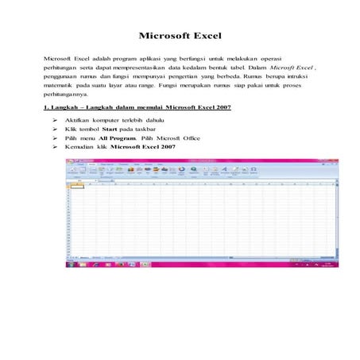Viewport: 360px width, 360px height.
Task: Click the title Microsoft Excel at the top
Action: click(x=180, y=36)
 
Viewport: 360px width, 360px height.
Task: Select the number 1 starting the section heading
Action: click(x=46, y=109)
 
